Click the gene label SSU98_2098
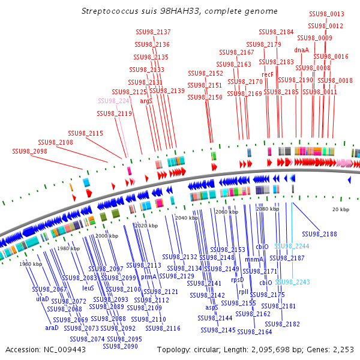(x=29, y=152)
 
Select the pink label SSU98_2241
(x=115, y=101)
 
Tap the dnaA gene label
(x=301, y=50)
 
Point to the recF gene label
(x=268, y=74)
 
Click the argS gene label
(x=146, y=101)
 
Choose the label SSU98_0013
(x=326, y=14)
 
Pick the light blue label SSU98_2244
(x=292, y=246)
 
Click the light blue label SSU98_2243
(x=292, y=282)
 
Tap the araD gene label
(x=52, y=328)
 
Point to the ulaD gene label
(x=43, y=298)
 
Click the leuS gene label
(x=88, y=287)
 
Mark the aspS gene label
(x=212, y=307)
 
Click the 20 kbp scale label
(x=341, y=209)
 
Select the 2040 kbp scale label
(x=186, y=218)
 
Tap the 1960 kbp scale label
(x=30, y=264)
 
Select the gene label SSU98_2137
(x=154, y=32)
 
